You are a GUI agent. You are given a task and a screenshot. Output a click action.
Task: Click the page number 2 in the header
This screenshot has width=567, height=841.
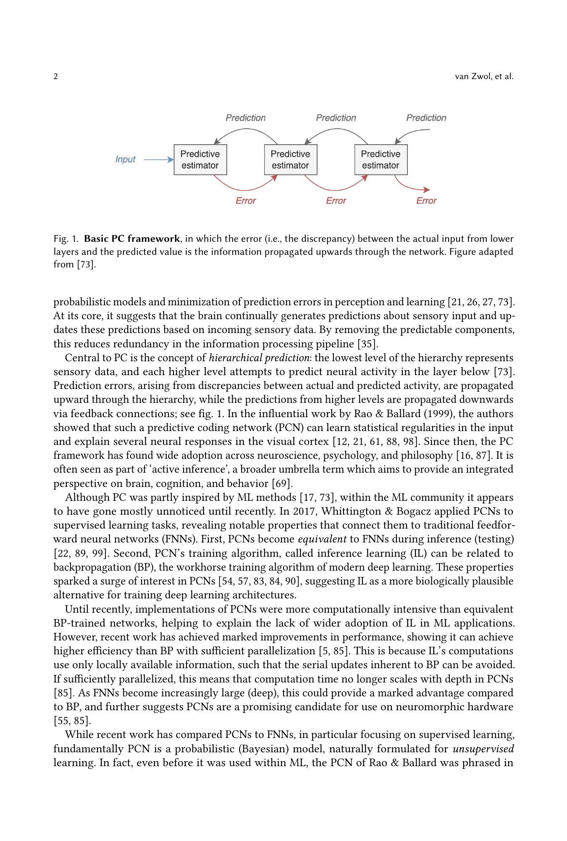coord(56,77)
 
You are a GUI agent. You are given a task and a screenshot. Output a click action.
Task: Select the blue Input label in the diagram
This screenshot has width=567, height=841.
coord(125,159)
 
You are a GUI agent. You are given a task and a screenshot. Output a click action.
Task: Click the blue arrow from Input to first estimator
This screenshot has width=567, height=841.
coord(158,159)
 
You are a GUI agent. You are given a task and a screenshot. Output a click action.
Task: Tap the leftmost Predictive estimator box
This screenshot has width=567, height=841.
coord(200,159)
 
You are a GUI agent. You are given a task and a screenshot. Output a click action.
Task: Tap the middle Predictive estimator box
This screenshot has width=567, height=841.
coord(291,159)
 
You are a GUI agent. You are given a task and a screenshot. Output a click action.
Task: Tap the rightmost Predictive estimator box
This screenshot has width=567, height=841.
coord(381,159)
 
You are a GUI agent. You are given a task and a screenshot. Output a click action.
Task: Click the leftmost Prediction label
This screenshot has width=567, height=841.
coord(246,118)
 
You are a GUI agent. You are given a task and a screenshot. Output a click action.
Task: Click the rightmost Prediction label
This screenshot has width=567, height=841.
coord(426,118)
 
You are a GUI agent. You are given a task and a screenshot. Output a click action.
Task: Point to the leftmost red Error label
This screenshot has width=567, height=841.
coord(246,201)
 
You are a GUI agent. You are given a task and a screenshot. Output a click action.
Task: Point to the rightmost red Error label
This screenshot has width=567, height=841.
coord(426,201)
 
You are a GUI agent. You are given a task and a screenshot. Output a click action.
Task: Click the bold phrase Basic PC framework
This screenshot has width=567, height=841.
coord(132,239)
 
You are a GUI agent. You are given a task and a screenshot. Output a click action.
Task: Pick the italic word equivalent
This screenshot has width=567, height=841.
coord(323,539)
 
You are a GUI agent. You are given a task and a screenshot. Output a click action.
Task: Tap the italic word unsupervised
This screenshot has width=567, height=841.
coord(483,748)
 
